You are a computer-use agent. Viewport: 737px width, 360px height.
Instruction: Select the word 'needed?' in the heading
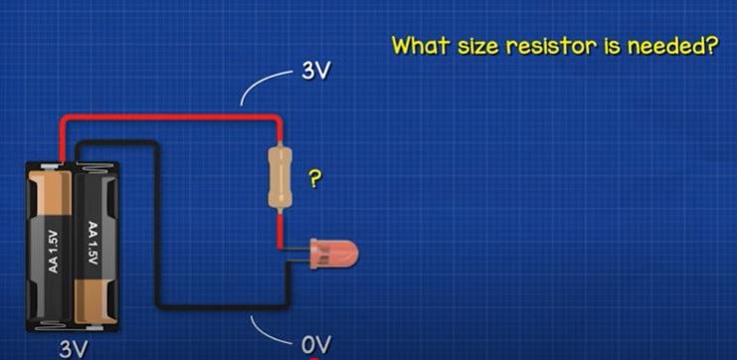tap(680, 46)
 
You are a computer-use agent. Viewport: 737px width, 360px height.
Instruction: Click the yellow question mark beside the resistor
tap(314, 179)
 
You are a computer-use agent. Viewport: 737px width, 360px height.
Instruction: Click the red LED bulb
tap(334, 253)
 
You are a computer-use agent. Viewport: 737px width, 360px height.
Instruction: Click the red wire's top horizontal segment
tap(169, 118)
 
